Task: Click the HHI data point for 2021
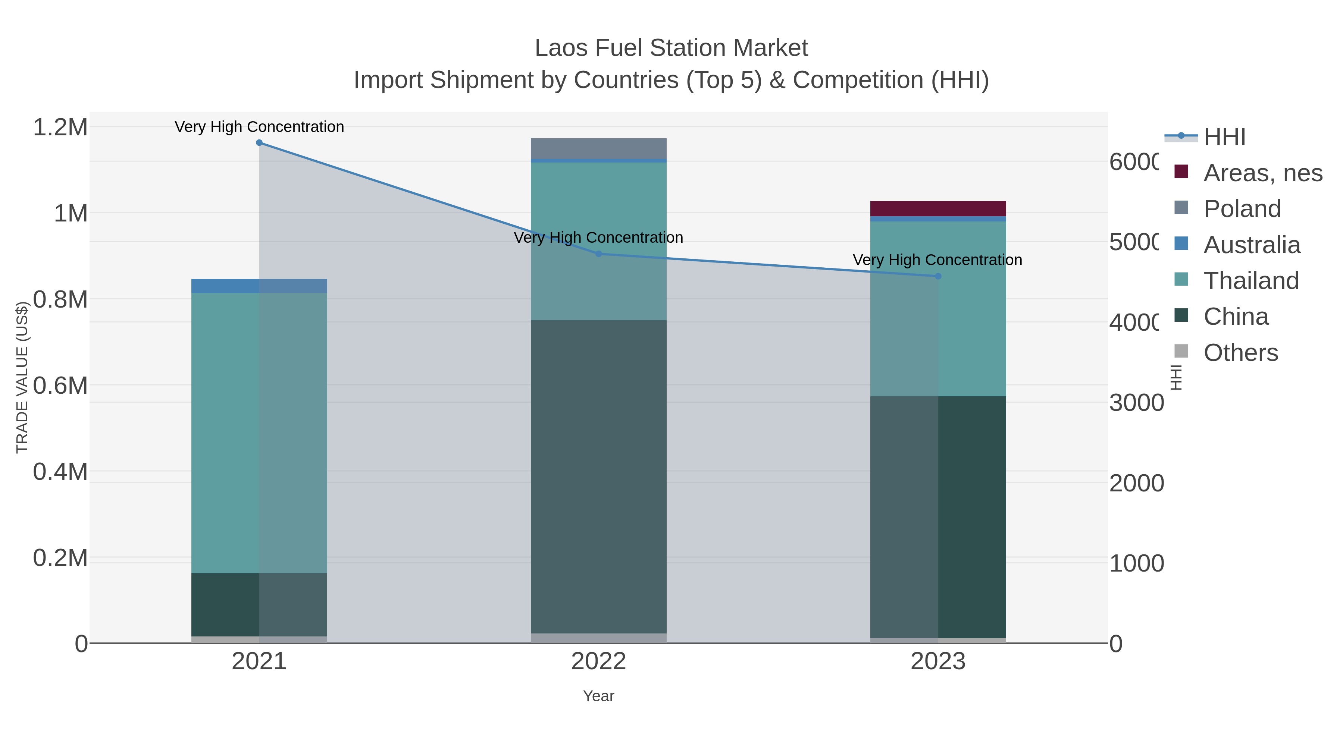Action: (259, 143)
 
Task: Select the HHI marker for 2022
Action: (598, 254)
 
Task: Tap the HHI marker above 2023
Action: (938, 276)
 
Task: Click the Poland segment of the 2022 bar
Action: (598, 148)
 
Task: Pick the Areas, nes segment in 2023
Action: (938, 208)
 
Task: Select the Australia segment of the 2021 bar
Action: (259, 286)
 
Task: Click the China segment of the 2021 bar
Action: (259, 604)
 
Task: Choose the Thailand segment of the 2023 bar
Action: (938, 309)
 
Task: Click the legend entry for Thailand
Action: (1251, 281)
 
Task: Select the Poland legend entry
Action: (1242, 209)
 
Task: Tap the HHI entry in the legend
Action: (1224, 137)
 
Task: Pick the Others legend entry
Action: (1240, 353)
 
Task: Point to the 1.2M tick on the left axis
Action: (60, 127)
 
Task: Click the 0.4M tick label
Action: (60, 472)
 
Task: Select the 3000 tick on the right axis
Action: (1136, 403)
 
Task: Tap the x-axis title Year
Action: (598, 696)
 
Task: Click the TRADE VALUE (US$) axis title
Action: (22, 377)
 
